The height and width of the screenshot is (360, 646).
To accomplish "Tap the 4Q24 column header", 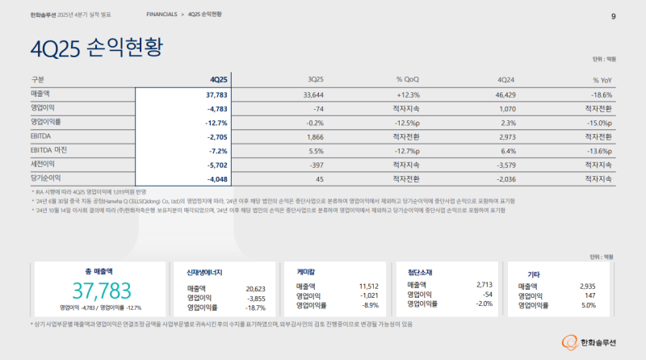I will click(x=506, y=80).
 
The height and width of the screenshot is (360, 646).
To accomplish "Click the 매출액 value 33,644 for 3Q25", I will click(x=313, y=94).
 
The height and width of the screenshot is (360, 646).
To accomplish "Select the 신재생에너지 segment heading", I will click(x=205, y=272).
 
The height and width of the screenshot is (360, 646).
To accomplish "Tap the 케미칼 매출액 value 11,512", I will click(x=368, y=286).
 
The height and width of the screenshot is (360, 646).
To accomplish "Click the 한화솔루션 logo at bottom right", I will click(x=585, y=344).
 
